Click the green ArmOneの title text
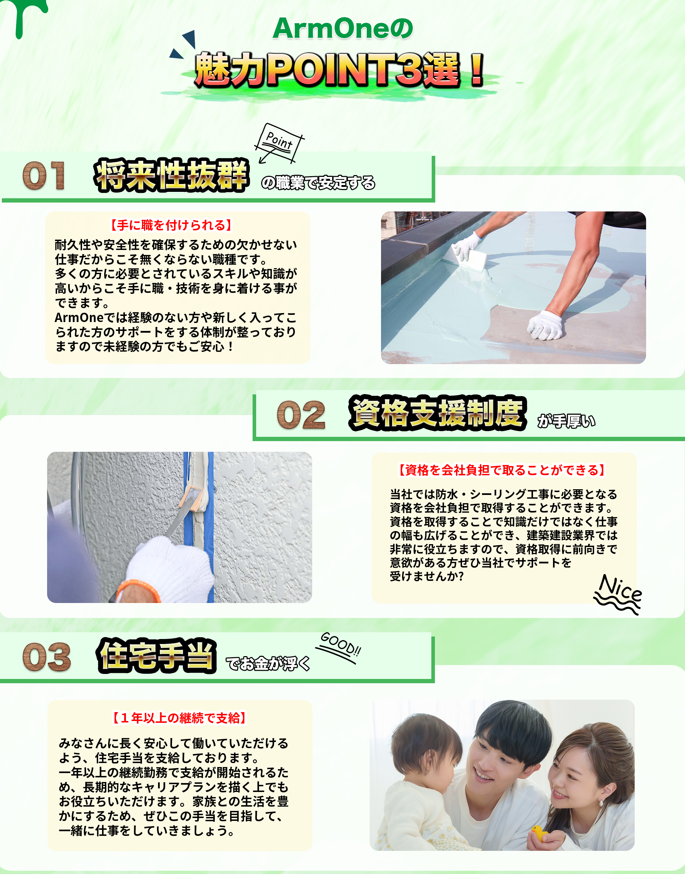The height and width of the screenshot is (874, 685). tap(343, 29)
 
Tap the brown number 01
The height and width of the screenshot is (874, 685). tap(44, 175)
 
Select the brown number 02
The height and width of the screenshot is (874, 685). tap(301, 415)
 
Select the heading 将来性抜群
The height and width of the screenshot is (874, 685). tap(172, 175)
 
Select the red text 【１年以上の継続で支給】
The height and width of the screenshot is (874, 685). tap(179, 718)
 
